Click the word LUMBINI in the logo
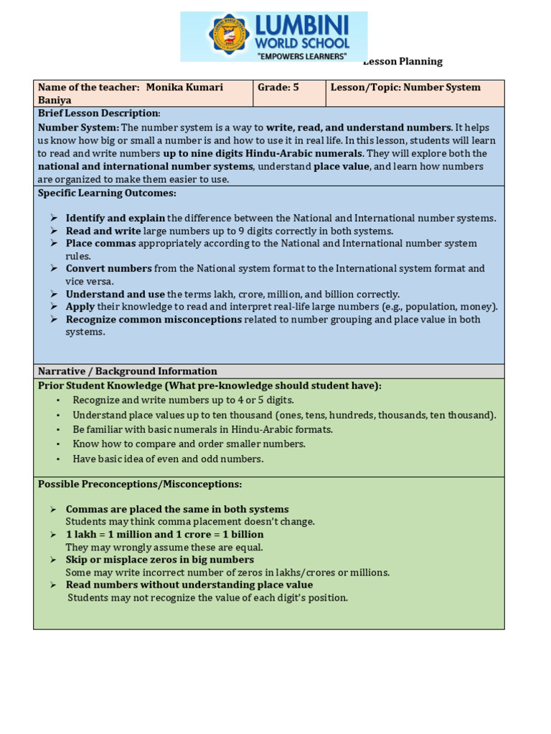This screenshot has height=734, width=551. (301, 26)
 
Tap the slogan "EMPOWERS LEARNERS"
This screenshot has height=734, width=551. (302, 56)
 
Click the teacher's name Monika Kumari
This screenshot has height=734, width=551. (184, 87)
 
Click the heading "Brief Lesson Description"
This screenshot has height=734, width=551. (98, 113)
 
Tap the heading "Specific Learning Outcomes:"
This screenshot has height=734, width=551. (107, 193)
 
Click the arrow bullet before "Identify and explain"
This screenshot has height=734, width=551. (54, 218)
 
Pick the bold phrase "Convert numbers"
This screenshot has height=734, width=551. (108, 269)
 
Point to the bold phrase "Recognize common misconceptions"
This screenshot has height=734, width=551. (154, 320)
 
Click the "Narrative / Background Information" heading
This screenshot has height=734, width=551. (127, 371)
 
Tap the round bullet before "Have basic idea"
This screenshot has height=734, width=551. (57, 459)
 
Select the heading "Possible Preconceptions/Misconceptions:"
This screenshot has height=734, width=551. (140, 485)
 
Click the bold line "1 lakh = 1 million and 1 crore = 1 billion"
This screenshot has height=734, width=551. (164, 535)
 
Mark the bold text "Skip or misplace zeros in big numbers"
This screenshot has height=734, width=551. (159, 560)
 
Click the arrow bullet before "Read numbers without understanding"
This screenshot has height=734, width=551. (54, 585)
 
